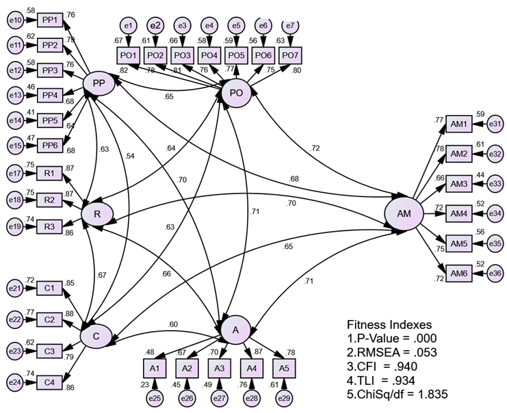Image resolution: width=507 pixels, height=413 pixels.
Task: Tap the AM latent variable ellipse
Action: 404,214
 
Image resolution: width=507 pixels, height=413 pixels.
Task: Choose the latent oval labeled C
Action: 96,336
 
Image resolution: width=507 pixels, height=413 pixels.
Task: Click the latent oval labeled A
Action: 236,330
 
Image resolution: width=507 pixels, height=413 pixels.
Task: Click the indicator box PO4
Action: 209,55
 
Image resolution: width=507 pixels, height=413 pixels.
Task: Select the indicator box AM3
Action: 458,184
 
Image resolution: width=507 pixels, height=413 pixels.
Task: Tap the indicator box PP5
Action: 50,120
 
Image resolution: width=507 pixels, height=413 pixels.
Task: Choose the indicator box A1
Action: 155,368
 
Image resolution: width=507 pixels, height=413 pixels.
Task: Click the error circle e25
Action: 155,398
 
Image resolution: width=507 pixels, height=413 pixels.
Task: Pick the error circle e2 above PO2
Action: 155,26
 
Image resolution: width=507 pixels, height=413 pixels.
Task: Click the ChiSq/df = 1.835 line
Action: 399,393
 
